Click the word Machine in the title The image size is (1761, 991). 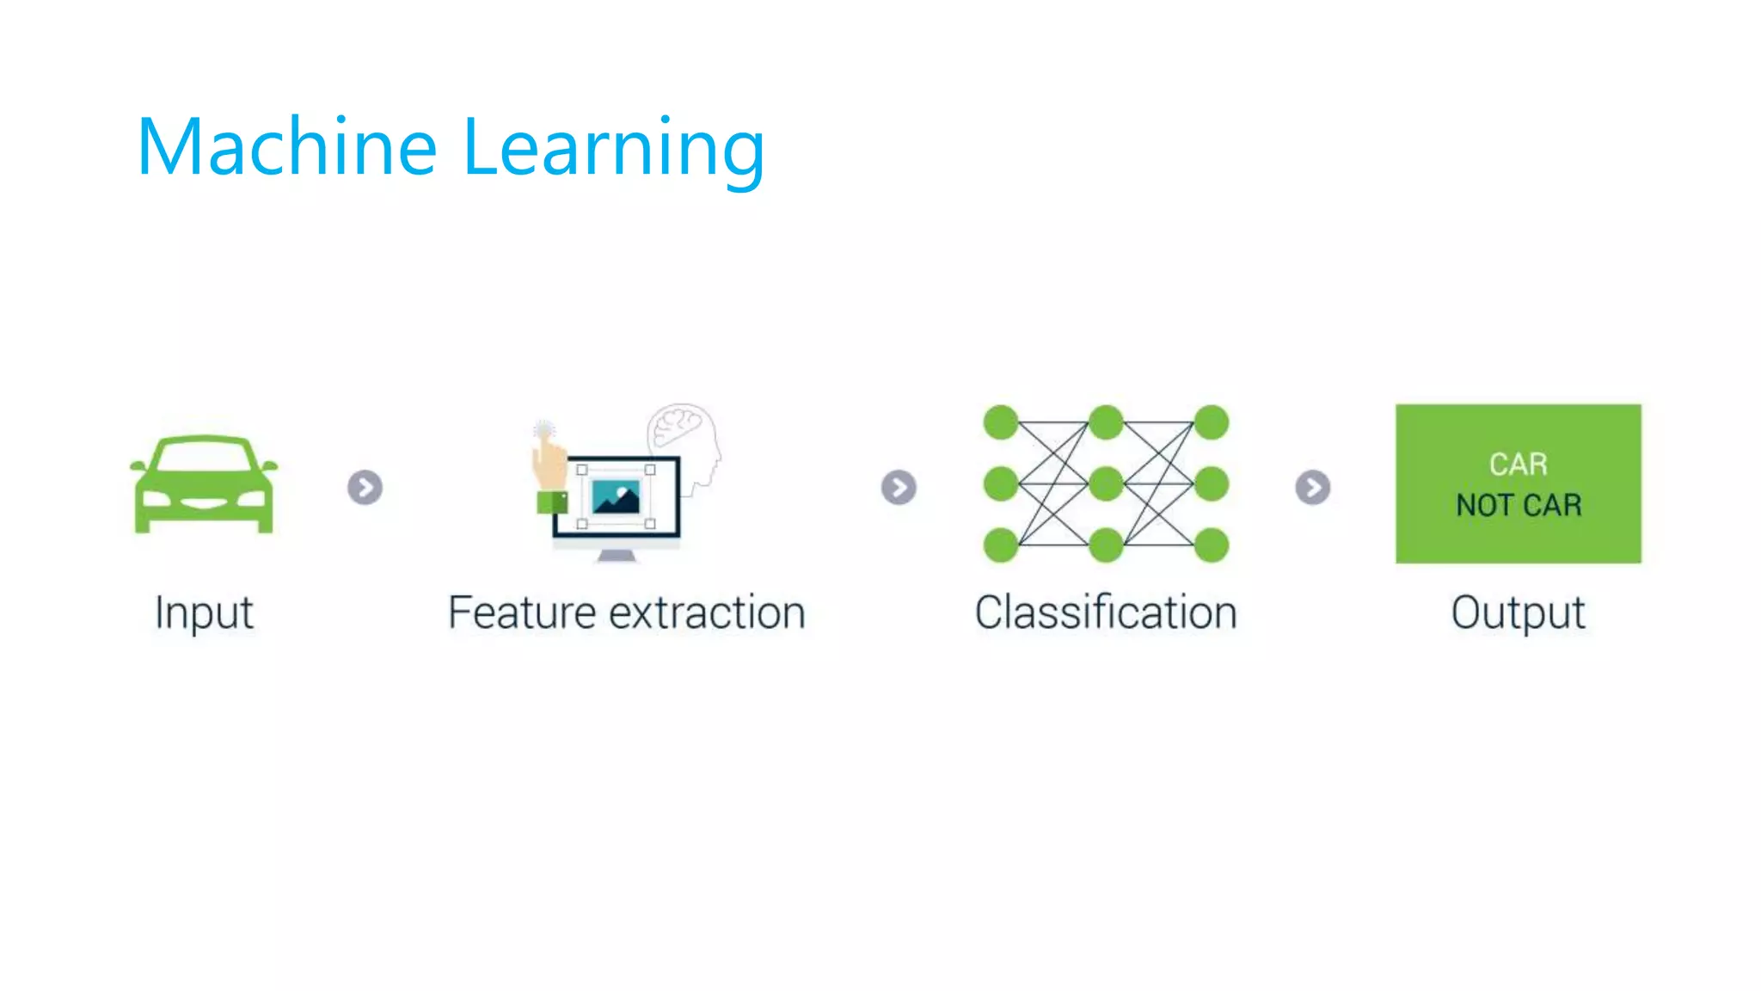[x=287, y=147]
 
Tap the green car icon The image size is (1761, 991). [x=204, y=484]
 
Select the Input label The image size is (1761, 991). [x=204, y=613]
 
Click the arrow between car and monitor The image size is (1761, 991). [x=365, y=488]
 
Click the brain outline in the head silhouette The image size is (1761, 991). [x=679, y=425]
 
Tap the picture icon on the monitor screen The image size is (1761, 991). [x=617, y=497]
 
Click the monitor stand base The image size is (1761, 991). [x=617, y=557]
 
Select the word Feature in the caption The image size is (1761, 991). [x=522, y=613]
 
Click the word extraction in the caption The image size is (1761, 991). [x=707, y=613]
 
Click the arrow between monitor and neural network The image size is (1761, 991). [x=899, y=488]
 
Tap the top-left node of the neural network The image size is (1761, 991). [x=1001, y=422]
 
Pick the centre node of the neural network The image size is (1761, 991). [x=1106, y=483]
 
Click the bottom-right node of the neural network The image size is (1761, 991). [x=1211, y=545]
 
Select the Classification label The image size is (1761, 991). [x=1106, y=613]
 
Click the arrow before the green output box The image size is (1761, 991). [x=1312, y=488]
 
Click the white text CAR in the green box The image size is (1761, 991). [x=1519, y=465]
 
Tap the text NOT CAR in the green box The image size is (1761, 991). [x=1519, y=505]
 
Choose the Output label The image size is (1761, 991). [x=1518, y=613]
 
